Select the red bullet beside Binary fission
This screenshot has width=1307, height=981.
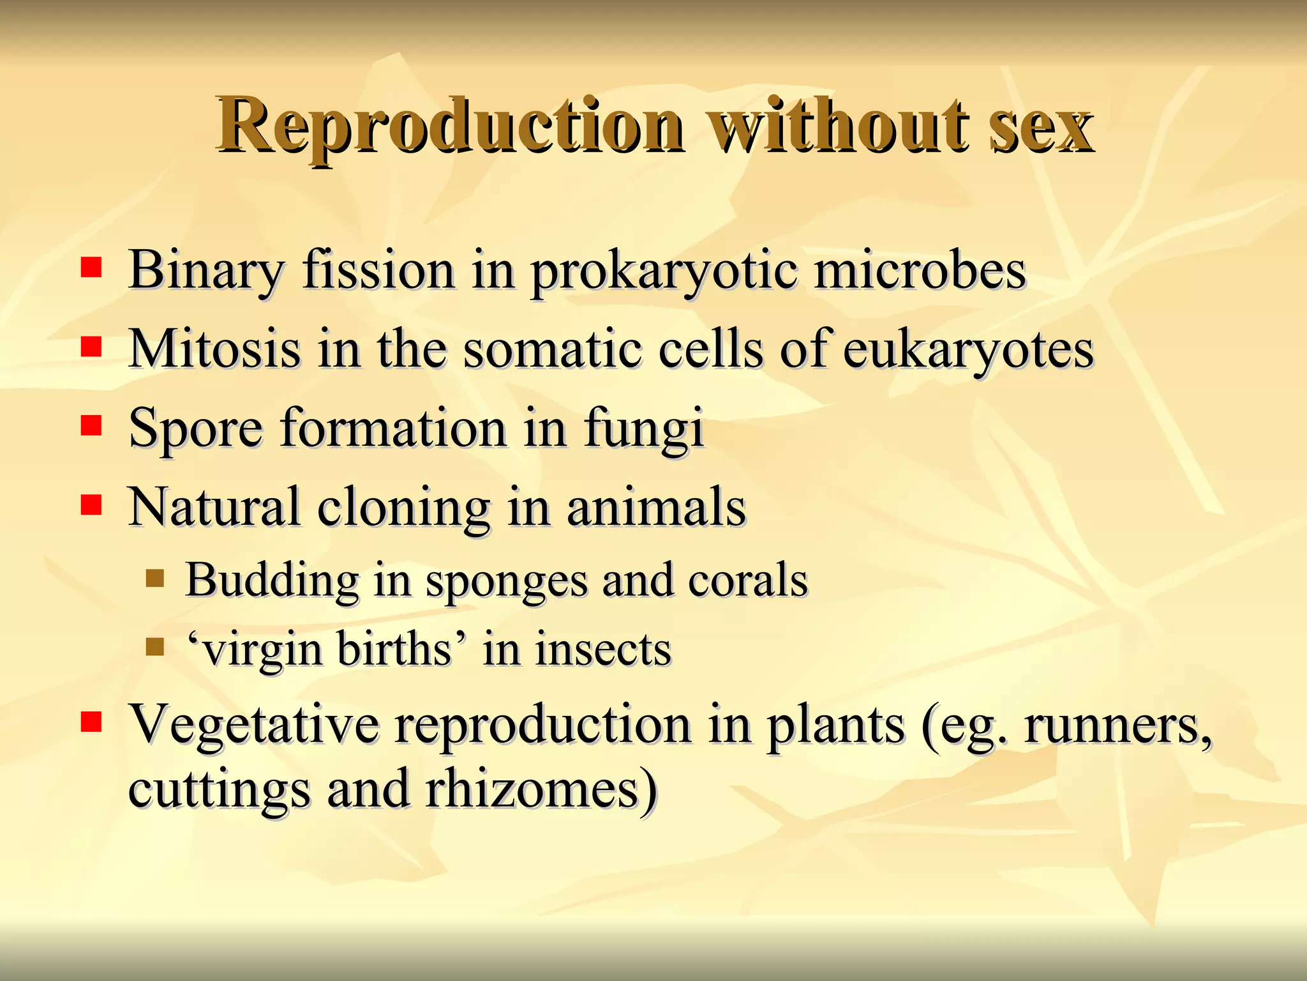(91, 269)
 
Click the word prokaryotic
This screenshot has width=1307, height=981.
(664, 271)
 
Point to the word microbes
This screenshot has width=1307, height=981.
(920, 270)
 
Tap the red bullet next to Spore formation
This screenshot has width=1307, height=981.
(91, 426)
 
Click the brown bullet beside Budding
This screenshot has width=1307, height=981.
(155, 579)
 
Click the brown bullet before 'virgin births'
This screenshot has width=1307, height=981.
(155, 648)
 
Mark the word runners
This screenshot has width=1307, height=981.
(1117, 725)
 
